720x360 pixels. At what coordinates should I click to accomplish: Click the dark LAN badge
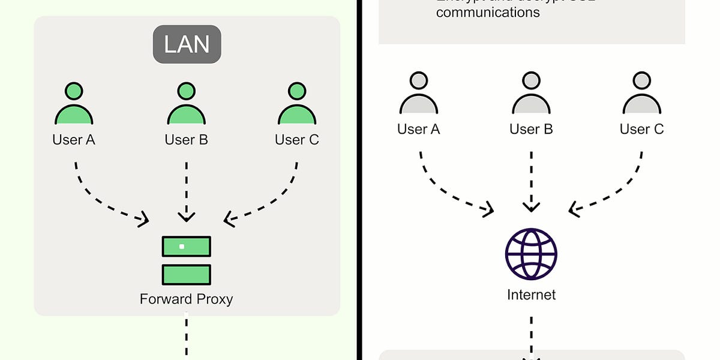click(187, 44)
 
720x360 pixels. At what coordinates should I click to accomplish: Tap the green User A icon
click(74, 105)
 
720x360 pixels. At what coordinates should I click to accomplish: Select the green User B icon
click(186, 105)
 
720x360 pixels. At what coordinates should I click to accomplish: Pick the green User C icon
click(297, 105)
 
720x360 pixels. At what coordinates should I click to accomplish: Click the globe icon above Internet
click(531, 253)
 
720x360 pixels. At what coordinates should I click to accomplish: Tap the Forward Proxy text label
click(186, 299)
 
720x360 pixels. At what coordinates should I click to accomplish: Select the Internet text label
click(531, 295)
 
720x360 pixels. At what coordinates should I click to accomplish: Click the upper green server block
click(186, 246)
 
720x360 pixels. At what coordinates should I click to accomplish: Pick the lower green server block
click(186, 274)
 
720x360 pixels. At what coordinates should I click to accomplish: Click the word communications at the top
click(488, 11)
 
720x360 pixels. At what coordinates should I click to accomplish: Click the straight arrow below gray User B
click(531, 180)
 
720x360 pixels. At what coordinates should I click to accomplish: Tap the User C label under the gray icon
click(641, 129)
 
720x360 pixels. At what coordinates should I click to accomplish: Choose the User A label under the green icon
click(74, 140)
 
